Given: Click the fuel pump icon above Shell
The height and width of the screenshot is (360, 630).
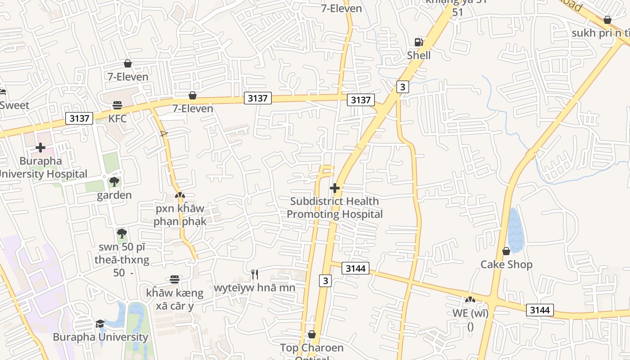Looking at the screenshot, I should point(418,42).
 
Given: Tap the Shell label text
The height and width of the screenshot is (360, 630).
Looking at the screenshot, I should point(419,55).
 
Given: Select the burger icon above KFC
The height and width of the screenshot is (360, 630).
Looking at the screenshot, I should point(117,105).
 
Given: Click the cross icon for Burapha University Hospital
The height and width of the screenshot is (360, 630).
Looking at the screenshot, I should point(40,147).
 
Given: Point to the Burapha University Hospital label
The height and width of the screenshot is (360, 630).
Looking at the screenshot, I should point(43,167).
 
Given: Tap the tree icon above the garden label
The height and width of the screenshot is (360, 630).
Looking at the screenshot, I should point(114,182).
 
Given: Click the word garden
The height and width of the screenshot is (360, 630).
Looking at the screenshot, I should point(114,195).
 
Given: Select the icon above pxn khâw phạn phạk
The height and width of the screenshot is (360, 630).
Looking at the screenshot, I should point(180,196).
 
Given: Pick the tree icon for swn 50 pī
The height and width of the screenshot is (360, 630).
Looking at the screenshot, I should point(121,233).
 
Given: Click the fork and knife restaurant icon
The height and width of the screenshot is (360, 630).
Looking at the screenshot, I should point(255,274).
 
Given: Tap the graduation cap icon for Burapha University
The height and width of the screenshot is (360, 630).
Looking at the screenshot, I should point(100,324).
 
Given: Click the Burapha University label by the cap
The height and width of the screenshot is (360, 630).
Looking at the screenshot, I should point(100,337).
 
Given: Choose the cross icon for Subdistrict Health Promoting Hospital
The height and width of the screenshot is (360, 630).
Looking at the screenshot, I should point(335,188).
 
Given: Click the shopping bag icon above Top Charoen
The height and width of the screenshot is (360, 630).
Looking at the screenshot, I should point(312,334).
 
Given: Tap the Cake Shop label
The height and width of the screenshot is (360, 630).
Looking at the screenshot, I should point(506,264).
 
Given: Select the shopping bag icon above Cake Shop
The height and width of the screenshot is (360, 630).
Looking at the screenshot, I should point(506,251).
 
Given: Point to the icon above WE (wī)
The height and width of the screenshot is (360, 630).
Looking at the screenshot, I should point(470,299).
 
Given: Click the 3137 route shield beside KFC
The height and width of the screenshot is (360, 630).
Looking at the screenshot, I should point(80,118).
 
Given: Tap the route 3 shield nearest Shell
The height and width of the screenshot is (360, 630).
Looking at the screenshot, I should point(403,87).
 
